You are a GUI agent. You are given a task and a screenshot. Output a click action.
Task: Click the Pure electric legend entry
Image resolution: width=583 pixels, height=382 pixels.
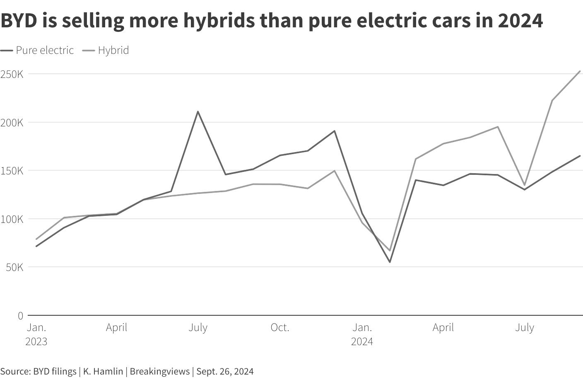click(37, 50)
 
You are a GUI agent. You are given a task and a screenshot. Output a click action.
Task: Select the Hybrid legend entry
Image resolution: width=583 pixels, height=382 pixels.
click(106, 50)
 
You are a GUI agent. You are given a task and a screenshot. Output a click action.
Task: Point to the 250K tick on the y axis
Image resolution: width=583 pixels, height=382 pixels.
click(12, 75)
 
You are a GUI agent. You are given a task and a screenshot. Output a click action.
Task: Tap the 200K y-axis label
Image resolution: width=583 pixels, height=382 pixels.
click(12, 123)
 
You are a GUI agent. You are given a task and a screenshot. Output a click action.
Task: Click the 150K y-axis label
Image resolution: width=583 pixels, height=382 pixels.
click(12, 171)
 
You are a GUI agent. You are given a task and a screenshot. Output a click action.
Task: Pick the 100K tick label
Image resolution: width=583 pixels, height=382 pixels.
click(12, 219)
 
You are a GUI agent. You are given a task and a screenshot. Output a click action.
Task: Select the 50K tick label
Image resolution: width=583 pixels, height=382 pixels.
click(14, 267)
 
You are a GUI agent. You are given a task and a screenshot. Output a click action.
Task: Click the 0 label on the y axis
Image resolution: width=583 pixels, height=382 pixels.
click(21, 316)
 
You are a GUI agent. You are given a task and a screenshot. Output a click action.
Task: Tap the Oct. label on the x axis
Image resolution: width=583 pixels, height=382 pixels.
click(280, 327)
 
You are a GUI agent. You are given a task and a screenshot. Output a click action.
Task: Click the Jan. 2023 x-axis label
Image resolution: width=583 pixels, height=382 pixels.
click(36, 334)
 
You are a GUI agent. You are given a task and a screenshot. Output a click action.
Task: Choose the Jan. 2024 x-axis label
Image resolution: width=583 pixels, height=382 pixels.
click(362, 334)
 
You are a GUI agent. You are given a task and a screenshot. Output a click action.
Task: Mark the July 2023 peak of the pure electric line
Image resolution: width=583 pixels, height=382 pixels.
click(198, 111)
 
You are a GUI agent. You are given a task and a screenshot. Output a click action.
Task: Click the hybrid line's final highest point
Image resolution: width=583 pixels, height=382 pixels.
click(580, 71)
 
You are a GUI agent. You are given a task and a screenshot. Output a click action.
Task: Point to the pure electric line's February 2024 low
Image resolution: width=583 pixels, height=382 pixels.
click(390, 262)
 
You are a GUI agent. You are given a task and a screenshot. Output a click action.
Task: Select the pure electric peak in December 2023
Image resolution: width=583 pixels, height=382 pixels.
click(335, 131)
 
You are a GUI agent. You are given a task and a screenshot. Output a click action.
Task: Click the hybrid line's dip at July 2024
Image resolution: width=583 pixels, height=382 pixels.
click(525, 185)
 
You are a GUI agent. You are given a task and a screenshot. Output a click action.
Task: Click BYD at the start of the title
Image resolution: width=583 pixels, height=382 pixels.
click(19, 21)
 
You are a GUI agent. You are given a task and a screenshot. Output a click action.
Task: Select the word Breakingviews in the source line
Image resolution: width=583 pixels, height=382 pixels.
click(160, 371)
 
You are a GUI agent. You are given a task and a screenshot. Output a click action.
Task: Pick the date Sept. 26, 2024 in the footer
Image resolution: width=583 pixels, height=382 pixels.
click(225, 371)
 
